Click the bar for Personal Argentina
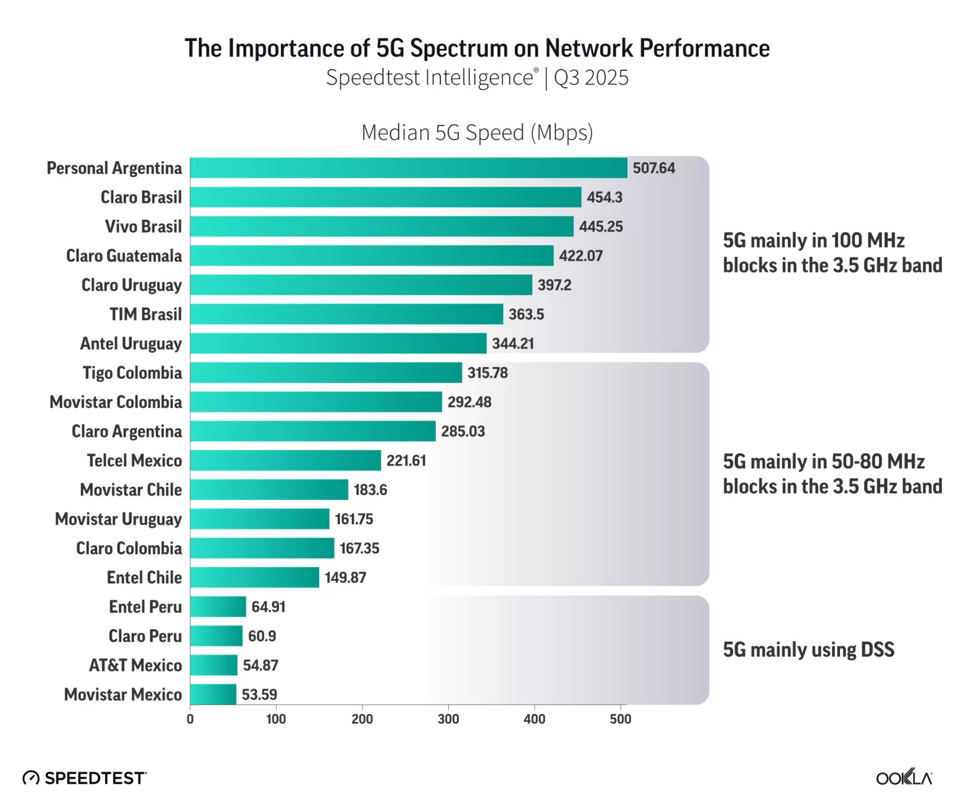[x=408, y=168]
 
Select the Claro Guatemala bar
[x=372, y=256]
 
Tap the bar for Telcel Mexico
[x=285, y=461]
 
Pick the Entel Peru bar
[x=218, y=607]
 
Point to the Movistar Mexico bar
[x=213, y=695]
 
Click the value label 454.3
[x=604, y=198]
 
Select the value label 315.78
[x=487, y=373]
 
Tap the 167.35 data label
[x=359, y=548]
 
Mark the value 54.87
[x=261, y=665]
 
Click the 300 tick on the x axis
[x=448, y=719]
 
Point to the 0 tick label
[x=190, y=719]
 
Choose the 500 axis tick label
[x=621, y=719]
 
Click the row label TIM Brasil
[x=145, y=315]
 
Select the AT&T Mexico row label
[x=136, y=665]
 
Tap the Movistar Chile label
[x=131, y=490]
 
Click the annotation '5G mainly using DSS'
[x=808, y=650]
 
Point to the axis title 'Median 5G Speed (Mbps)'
[x=477, y=132]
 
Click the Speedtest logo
[x=85, y=778]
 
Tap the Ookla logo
[x=904, y=777]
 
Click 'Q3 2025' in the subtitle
[x=591, y=78]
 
